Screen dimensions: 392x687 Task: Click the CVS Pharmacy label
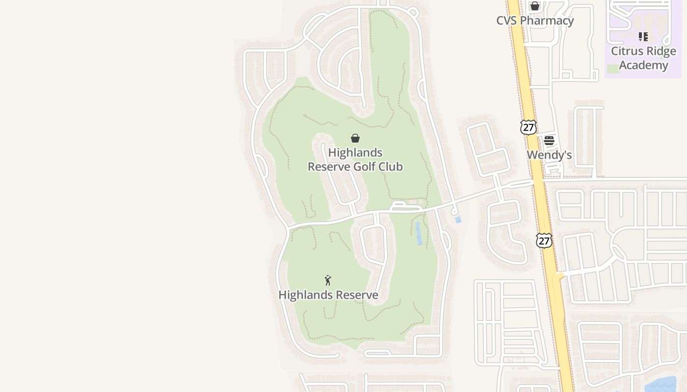pyautogui.click(x=534, y=21)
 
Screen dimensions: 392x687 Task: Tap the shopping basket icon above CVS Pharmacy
pyautogui.click(x=535, y=6)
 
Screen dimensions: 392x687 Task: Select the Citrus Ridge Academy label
pyautogui.click(x=643, y=58)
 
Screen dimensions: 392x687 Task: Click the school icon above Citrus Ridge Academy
pyautogui.click(x=643, y=37)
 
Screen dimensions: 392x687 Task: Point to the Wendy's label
pyautogui.click(x=549, y=155)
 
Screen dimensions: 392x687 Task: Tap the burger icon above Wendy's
pyautogui.click(x=549, y=140)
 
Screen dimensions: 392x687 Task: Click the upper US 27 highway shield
pyautogui.click(x=528, y=127)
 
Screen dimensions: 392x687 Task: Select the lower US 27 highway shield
pyautogui.click(x=544, y=241)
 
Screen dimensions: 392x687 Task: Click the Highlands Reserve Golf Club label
pyautogui.click(x=355, y=160)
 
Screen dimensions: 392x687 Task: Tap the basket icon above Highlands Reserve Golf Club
pyautogui.click(x=355, y=138)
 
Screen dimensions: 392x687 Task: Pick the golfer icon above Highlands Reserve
pyautogui.click(x=328, y=280)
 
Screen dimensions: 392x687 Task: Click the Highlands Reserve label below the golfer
pyautogui.click(x=328, y=295)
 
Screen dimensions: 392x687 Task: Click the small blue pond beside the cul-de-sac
pyautogui.click(x=458, y=220)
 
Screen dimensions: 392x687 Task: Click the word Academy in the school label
pyautogui.click(x=643, y=65)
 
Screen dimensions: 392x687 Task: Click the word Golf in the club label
pyautogui.click(x=368, y=167)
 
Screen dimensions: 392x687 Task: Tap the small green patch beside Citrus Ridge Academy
pyautogui.click(x=613, y=69)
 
